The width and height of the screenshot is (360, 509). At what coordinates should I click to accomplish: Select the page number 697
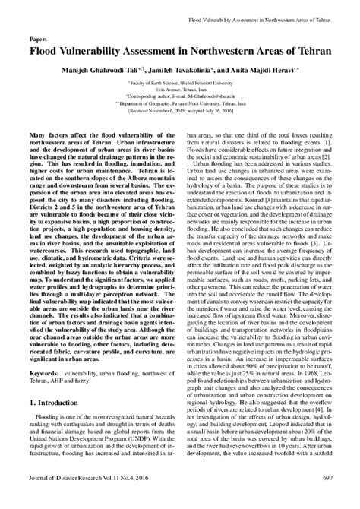(x=325, y=498)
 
